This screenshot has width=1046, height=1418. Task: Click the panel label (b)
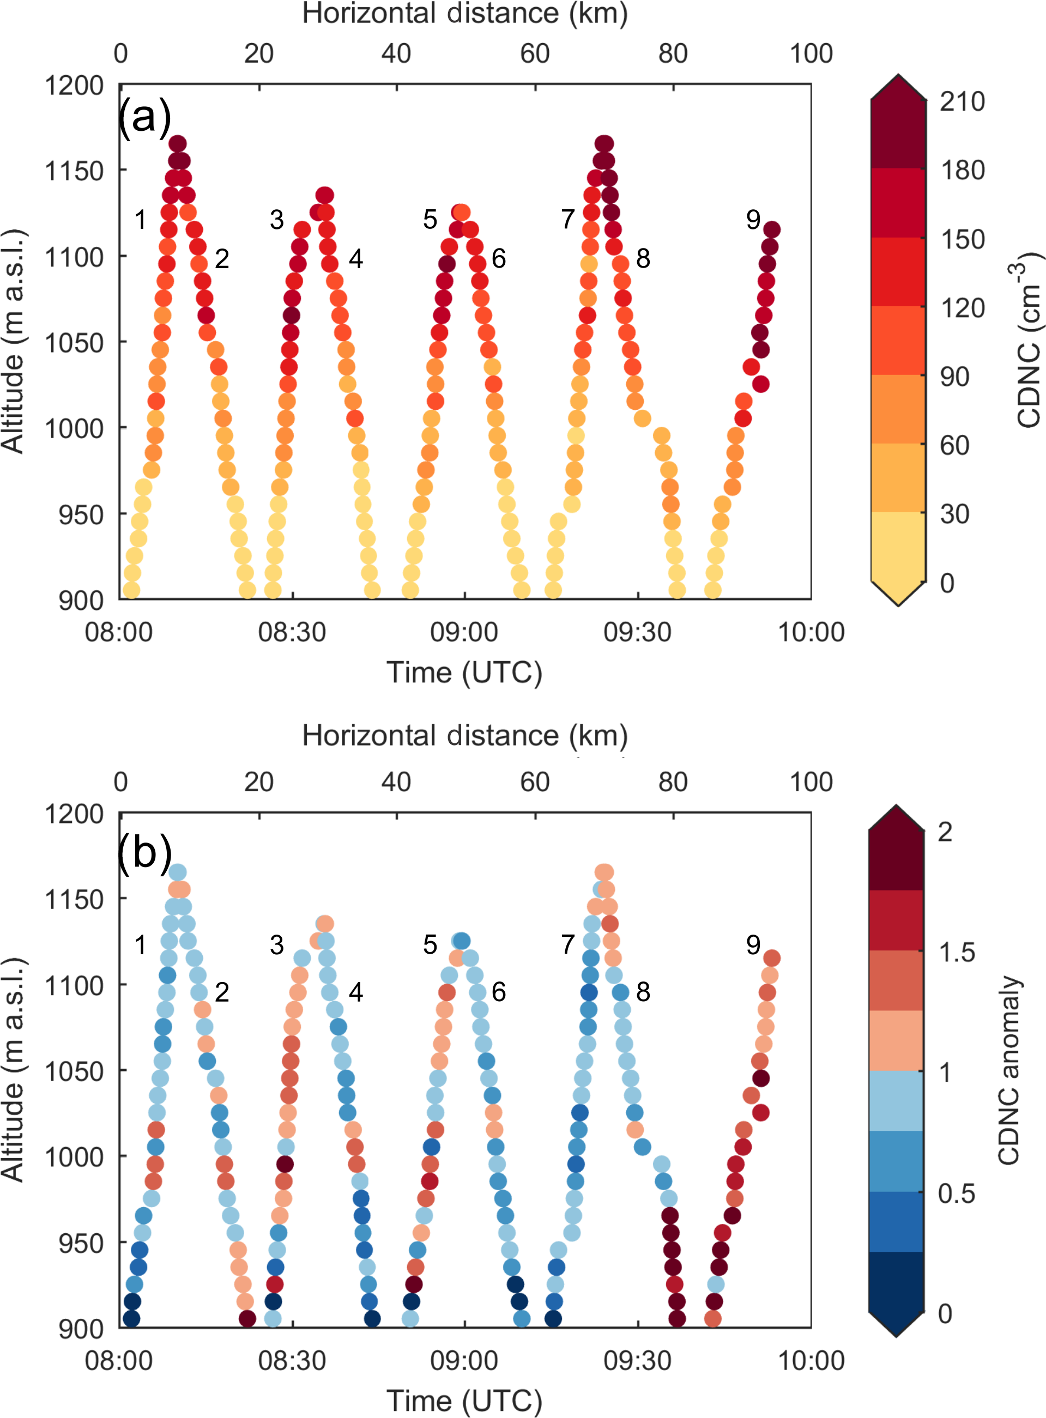[145, 853]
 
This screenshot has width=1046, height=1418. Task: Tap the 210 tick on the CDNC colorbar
[961, 101]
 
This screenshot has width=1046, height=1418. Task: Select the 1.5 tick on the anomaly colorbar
[956, 952]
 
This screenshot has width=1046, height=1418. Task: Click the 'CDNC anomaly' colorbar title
[1009, 1070]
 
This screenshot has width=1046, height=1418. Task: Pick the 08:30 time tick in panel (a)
[292, 632]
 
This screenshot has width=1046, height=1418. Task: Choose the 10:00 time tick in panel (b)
[811, 1360]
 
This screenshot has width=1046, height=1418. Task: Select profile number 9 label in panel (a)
[753, 220]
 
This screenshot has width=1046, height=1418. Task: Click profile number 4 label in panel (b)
[356, 992]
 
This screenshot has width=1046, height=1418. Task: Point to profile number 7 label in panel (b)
[568, 944]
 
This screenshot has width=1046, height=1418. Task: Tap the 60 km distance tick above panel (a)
[535, 54]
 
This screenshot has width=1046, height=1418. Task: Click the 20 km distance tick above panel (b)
[258, 783]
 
